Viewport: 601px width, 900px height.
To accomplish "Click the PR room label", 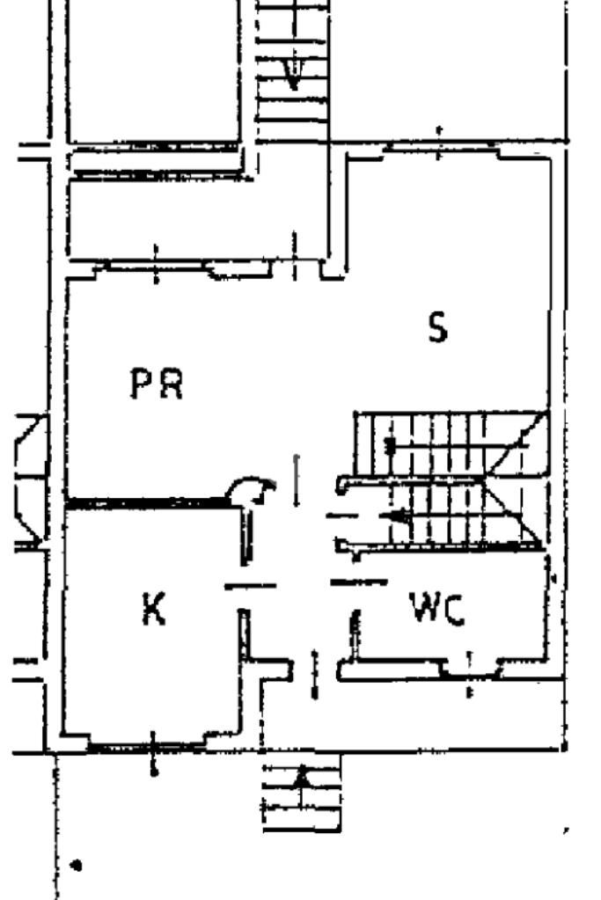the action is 157,384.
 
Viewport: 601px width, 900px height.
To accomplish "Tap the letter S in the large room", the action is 437,327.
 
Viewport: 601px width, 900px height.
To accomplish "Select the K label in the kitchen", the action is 154,608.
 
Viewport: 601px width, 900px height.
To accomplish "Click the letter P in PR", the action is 142,384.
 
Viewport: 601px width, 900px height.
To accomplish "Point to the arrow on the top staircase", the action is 293,75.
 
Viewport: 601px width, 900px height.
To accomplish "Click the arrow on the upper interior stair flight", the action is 392,445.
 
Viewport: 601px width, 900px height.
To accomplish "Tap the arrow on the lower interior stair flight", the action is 400,517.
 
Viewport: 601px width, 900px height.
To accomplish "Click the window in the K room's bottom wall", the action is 152,748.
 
